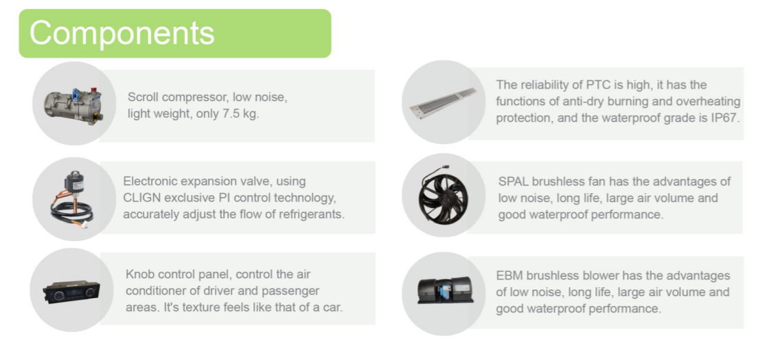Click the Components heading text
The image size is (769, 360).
click(x=122, y=33)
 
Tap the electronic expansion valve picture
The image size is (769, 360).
click(x=71, y=199)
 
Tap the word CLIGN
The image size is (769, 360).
click(x=143, y=198)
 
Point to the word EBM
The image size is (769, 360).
click(x=509, y=275)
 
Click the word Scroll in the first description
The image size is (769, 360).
click(x=142, y=98)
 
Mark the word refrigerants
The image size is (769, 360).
click(x=309, y=214)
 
